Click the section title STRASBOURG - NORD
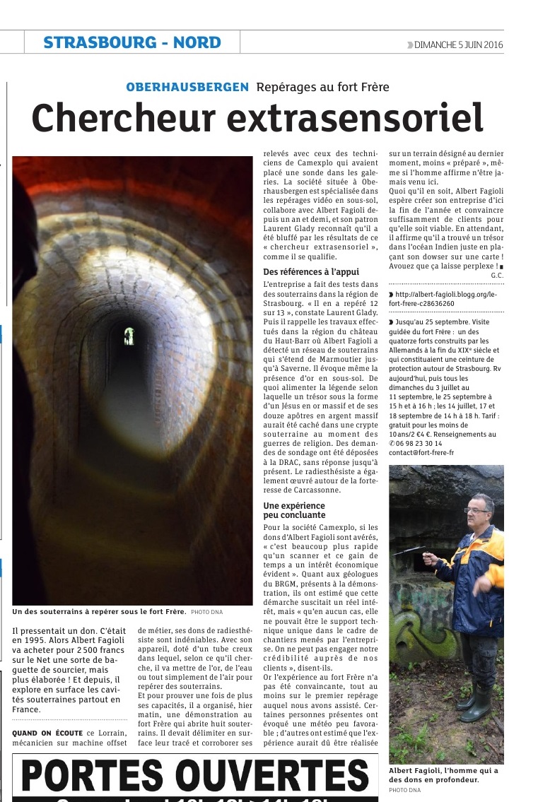coord(132,42)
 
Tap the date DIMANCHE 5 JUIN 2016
coord(458,45)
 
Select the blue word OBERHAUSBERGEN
coord(187,87)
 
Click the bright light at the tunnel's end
coord(129,336)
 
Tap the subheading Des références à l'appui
coord(310,271)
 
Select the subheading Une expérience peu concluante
coord(294,510)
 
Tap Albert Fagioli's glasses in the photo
coord(475,509)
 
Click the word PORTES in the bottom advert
coord(93,776)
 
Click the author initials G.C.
coord(497,274)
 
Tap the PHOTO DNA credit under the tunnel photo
coord(206,611)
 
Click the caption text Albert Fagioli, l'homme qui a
coord(443,770)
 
